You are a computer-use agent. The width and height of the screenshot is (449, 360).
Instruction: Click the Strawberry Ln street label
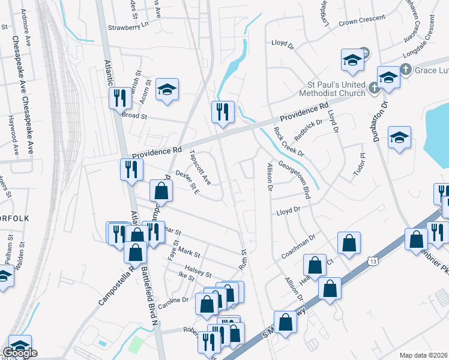point(127,28)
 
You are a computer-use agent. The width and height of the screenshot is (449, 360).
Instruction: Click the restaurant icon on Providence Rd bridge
point(222,111)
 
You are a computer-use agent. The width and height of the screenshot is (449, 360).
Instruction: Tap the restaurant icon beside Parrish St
point(119,97)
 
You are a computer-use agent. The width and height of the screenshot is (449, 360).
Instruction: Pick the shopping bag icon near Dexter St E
point(161,191)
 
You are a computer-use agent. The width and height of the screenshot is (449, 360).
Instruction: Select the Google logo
point(20,353)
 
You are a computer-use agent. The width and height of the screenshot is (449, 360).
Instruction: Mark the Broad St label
point(134,115)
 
